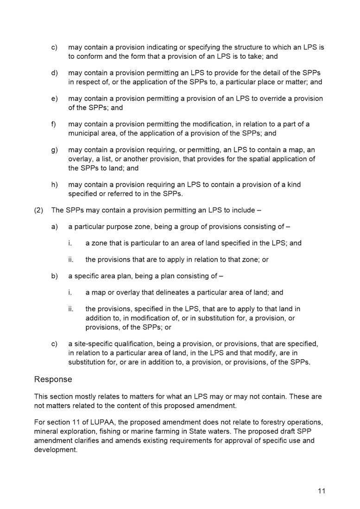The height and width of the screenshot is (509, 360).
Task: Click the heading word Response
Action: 53,379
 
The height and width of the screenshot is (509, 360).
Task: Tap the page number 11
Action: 322,491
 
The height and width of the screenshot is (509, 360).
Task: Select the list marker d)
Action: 54,73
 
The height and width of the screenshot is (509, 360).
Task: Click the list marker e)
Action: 54,99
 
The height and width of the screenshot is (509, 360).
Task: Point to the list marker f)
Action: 54,124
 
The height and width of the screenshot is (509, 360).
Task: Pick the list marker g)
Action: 54,150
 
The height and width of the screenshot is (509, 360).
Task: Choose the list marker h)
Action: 54,184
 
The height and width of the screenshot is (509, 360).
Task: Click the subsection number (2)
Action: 39,210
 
